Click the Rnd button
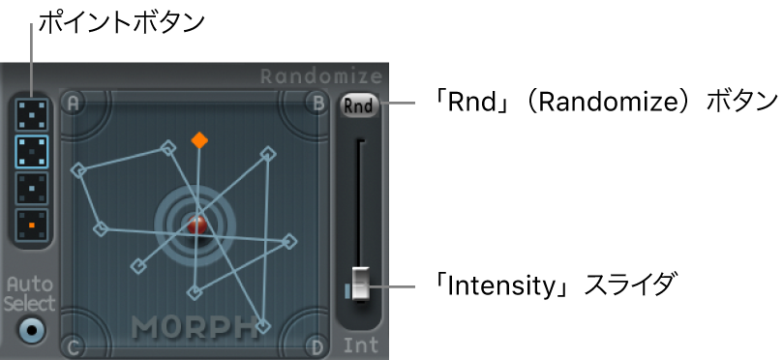pyautogui.click(x=358, y=105)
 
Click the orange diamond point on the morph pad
pyautogui.click(x=198, y=140)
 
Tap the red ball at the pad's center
pyautogui.click(x=196, y=225)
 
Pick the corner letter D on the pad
pyautogui.click(x=316, y=345)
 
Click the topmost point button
pyautogui.click(x=32, y=114)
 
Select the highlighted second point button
pyautogui.click(x=32, y=152)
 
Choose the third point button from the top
pyautogui.click(x=32, y=189)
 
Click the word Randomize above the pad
pyautogui.click(x=321, y=76)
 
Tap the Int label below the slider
pyautogui.click(x=360, y=345)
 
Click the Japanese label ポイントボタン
pyautogui.click(x=121, y=21)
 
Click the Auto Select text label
pyautogui.click(x=31, y=293)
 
